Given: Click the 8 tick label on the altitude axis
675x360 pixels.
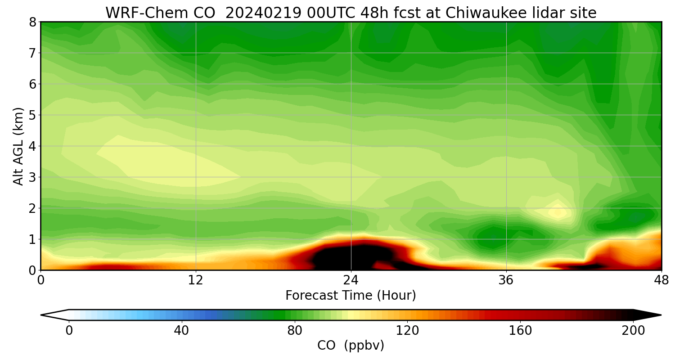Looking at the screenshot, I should pos(32,22).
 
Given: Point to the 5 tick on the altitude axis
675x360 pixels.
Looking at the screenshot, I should pos(32,115).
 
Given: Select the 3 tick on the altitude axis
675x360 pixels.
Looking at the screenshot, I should pos(32,177).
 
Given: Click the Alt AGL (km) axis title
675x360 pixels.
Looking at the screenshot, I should pos(18,146).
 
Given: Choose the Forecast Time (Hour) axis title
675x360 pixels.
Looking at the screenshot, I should pos(351,296).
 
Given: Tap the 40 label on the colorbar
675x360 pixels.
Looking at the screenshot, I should pos(181,331).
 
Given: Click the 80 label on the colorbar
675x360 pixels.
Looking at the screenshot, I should pos(294,331).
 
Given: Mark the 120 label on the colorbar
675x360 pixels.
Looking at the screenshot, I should pos(407,331).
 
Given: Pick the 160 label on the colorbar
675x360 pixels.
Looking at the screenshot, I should pos(520,331).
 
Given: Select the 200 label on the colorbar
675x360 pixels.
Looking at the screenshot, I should pos(633,331).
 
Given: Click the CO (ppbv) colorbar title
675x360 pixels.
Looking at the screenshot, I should pos(351,346).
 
